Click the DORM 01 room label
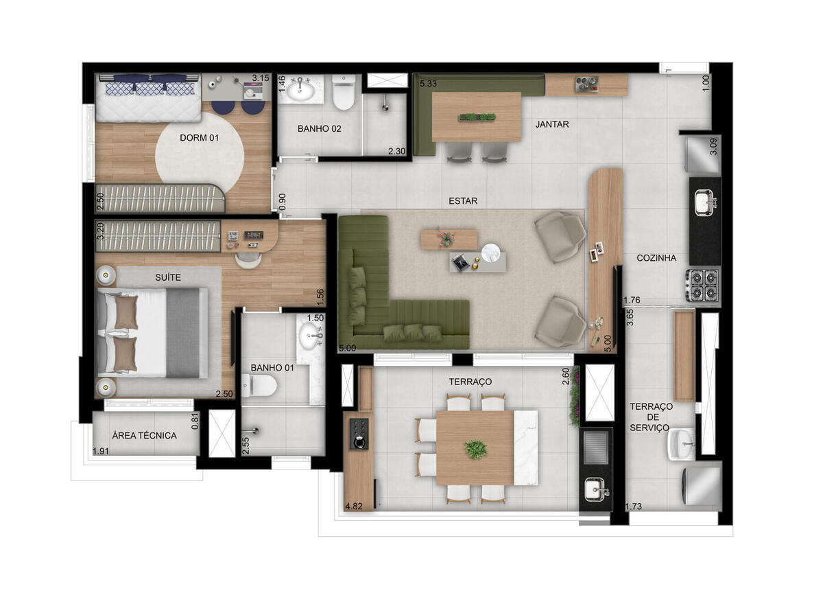(199, 138)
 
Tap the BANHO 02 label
(320, 128)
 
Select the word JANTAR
(552, 124)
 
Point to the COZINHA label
(656, 258)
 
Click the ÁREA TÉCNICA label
(145, 436)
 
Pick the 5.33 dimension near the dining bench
(429, 84)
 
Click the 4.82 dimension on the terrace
(354, 507)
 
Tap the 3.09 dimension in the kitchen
(713, 146)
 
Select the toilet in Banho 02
(344, 92)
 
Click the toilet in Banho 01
(259, 386)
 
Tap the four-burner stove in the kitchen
(702, 286)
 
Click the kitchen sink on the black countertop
(706, 202)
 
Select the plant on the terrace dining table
(476, 450)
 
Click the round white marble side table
(492, 253)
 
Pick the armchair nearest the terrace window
(560, 323)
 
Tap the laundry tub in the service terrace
(682, 444)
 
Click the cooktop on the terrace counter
(359, 434)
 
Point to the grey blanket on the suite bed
(183, 333)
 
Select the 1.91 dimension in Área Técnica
(101, 451)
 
